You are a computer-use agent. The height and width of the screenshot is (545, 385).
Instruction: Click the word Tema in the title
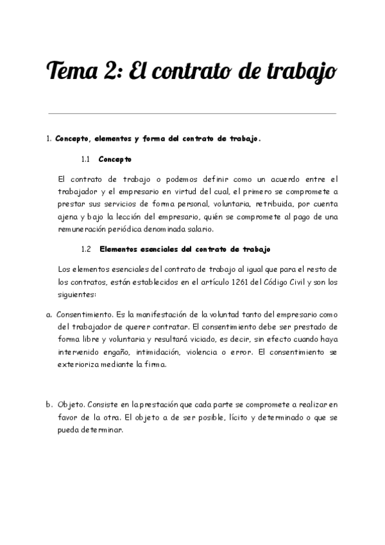[x=71, y=70]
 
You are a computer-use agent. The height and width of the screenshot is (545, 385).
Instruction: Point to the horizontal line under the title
[x=192, y=114]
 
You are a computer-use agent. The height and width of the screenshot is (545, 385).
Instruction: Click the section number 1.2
[x=87, y=249]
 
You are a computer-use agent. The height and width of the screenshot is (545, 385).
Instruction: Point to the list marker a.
[x=49, y=315]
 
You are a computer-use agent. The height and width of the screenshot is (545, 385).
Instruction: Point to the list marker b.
[x=49, y=405]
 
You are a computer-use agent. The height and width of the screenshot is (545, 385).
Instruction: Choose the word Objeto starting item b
[x=71, y=405]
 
